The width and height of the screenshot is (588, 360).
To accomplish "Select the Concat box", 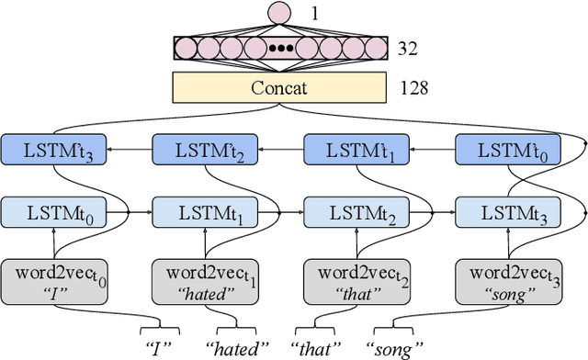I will (x=280, y=88).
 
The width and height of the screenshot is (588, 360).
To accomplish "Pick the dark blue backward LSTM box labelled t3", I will (x=54, y=150).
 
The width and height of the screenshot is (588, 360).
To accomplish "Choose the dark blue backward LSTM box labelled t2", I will (x=206, y=150).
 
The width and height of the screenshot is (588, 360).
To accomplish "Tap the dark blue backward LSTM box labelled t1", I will (x=357, y=150).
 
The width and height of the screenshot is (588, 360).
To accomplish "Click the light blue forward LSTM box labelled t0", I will (x=54, y=213).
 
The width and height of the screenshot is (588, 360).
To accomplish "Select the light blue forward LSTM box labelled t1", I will (x=206, y=213).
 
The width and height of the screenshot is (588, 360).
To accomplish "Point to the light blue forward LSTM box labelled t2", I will (x=357, y=213).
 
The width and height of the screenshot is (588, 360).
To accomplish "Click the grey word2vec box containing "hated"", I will (x=206, y=281).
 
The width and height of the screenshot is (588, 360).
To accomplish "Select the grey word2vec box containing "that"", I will (x=357, y=281).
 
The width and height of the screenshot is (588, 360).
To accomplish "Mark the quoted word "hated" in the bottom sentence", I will (x=238, y=348).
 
